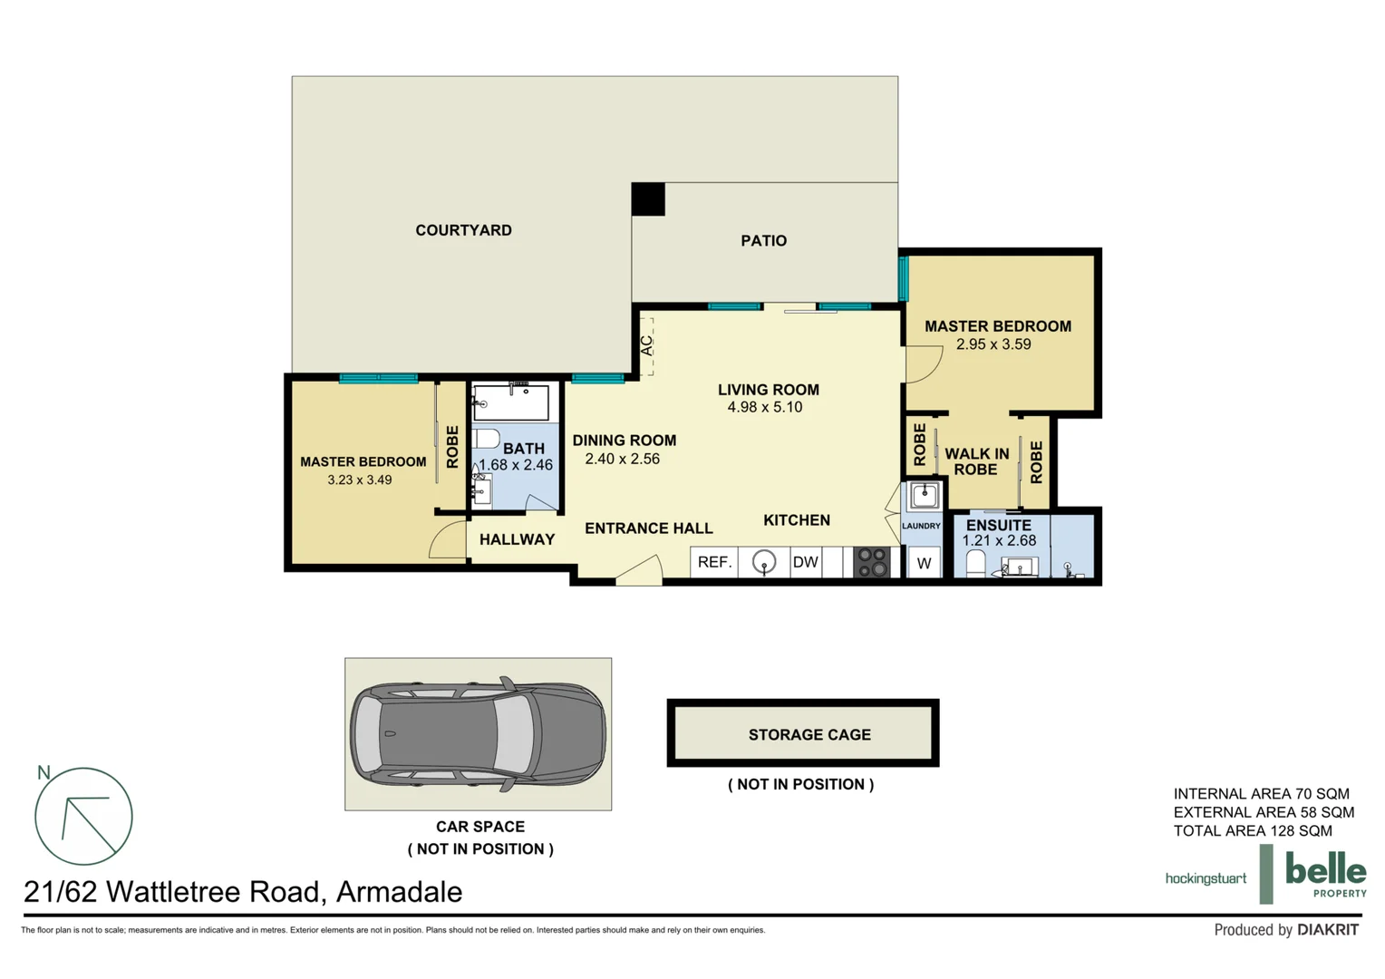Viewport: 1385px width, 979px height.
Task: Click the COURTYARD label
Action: [463, 230]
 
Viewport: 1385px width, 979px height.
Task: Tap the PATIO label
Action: [763, 240]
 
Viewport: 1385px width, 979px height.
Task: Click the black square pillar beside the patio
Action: [648, 199]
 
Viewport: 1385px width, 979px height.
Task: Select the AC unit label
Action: [646, 345]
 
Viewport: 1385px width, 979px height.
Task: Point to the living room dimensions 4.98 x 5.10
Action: [764, 408]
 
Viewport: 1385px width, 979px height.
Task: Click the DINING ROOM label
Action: [624, 441]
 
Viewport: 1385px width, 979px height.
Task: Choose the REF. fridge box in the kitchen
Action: [714, 562]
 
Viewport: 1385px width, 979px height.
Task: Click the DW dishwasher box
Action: [805, 562]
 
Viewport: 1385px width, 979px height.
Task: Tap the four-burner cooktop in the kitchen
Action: [872, 562]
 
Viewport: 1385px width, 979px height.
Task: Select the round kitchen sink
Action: [764, 563]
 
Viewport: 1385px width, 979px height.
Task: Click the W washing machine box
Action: [924, 564]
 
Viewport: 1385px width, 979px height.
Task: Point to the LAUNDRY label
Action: [921, 526]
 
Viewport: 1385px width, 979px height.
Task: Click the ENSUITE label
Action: [998, 526]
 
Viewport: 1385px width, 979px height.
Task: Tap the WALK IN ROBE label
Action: [976, 461]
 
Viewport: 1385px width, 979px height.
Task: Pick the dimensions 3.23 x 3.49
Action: [360, 480]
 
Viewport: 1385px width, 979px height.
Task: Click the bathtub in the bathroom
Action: [510, 402]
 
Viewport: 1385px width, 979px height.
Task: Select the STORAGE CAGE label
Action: [809, 735]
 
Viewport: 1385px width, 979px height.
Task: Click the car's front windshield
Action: [512, 734]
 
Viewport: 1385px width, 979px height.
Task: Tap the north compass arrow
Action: [84, 819]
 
